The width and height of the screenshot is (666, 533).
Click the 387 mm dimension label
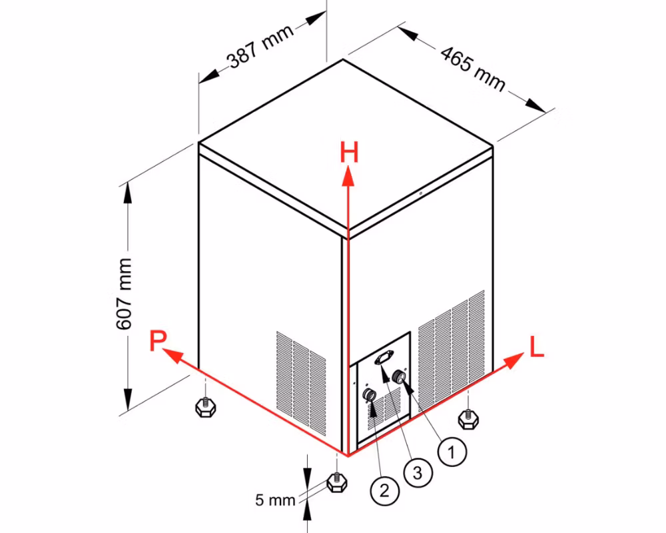(260, 47)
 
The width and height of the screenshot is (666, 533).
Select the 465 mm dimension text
(473, 68)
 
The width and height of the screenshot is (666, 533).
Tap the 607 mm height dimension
(124, 294)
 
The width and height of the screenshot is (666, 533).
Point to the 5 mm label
(275, 500)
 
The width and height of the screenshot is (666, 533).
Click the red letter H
(349, 153)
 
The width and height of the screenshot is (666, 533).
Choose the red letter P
(158, 341)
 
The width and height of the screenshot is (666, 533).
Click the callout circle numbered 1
(452, 452)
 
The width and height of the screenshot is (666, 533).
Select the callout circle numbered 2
(384, 491)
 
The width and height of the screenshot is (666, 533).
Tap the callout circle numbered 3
(418, 472)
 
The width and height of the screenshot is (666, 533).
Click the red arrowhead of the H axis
(349, 175)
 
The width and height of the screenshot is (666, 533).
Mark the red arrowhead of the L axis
(514, 360)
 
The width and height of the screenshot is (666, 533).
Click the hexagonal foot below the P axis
(205, 407)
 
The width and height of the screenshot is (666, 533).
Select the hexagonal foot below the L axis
(468, 419)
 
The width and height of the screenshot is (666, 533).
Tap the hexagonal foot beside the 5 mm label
(337, 482)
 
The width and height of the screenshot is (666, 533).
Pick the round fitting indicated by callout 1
(399, 376)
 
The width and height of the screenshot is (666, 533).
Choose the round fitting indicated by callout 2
(369, 395)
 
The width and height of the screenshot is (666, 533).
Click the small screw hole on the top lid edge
(420, 194)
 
